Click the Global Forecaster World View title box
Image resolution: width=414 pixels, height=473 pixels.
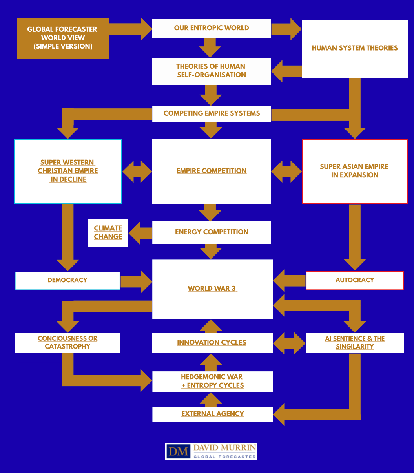(x=63, y=38)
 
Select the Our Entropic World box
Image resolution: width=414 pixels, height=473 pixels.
(x=212, y=28)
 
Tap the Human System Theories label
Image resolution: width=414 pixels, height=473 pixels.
(x=355, y=48)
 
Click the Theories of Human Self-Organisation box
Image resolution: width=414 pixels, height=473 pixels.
(x=212, y=71)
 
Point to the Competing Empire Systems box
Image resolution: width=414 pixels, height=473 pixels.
(x=212, y=113)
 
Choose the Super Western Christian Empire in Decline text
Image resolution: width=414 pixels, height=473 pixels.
(x=68, y=171)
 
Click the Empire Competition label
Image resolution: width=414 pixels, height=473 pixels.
(x=212, y=171)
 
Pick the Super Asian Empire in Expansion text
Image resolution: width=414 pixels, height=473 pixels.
(x=355, y=171)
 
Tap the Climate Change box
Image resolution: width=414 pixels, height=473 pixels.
(x=108, y=233)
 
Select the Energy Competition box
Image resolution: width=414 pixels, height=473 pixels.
(x=212, y=232)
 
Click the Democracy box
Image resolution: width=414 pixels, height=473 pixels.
(x=67, y=280)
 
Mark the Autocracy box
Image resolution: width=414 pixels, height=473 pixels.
(x=355, y=280)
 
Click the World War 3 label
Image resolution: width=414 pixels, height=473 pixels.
(x=212, y=289)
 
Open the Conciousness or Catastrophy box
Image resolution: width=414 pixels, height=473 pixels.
(x=67, y=342)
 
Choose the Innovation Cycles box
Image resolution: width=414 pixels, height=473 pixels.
(x=212, y=343)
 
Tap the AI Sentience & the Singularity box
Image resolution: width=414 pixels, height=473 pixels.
(x=355, y=343)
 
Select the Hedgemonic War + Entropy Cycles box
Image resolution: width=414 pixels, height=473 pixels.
(x=212, y=381)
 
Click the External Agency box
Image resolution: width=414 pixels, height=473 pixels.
(x=212, y=414)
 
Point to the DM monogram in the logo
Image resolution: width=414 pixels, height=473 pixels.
(x=179, y=451)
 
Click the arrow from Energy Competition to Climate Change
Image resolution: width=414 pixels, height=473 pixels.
(x=140, y=233)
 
